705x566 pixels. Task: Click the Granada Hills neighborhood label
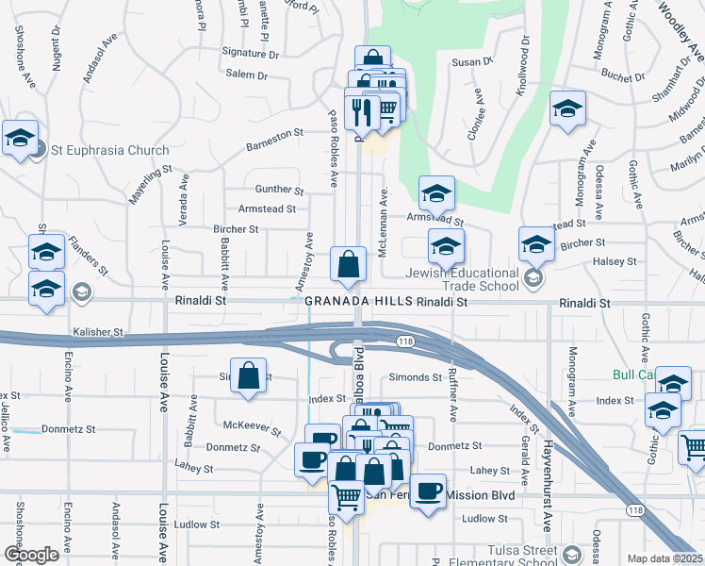pos(358,300)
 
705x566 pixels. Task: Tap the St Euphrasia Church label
pos(110,150)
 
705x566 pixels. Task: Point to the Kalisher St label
pos(98,332)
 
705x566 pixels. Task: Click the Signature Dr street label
pos(251,54)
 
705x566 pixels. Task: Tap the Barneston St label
pos(274,145)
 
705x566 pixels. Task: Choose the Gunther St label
pos(279,190)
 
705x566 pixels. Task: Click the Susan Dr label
pos(473,61)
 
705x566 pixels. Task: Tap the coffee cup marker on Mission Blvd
pos(428,491)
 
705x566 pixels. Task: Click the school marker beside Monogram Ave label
pos(567,109)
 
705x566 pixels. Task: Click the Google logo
pos(31,555)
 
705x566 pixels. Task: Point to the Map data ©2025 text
pos(664,558)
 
